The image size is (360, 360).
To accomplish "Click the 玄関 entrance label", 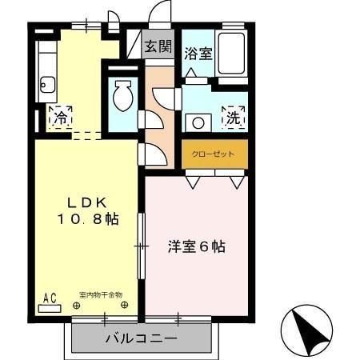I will coord(158,46).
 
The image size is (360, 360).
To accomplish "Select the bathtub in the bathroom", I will coord(232,54).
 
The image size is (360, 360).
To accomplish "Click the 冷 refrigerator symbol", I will coord(60,118).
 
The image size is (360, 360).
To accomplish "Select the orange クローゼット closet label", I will coord(214,153).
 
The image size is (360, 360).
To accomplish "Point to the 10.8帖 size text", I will coord(87,219).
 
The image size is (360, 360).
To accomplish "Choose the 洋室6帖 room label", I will coord(197,247).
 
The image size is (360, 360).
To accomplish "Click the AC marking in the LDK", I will coord(49,298).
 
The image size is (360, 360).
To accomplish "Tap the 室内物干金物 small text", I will coord(101,295).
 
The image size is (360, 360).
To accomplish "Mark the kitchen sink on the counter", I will coord(47,85).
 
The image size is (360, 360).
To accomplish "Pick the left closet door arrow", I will coord(193,181).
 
